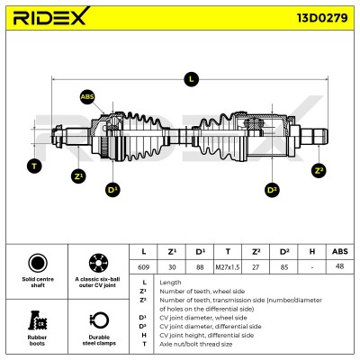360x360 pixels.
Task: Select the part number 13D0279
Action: (x=322, y=18)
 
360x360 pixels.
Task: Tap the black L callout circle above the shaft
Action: (x=191, y=79)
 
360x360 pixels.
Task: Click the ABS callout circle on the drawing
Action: (x=87, y=97)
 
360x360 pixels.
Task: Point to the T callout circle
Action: (x=34, y=166)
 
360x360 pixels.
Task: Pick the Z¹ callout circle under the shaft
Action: (x=78, y=176)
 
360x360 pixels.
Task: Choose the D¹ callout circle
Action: (x=112, y=190)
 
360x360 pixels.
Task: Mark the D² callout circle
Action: (x=272, y=190)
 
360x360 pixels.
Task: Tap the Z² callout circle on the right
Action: (x=319, y=171)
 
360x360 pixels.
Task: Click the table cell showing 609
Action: (x=143, y=266)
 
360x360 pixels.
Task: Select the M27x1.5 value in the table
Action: (x=228, y=266)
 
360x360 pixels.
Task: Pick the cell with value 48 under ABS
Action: (x=339, y=266)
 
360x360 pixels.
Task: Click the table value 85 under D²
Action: (x=284, y=266)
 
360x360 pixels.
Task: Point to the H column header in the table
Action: (x=312, y=251)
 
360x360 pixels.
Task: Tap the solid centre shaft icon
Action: (x=38, y=263)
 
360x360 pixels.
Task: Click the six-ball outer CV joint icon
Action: (x=99, y=263)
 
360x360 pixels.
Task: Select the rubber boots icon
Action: (x=37, y=320)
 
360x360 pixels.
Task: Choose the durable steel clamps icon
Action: (x=99, y=320)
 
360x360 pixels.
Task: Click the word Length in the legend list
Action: (x=170, y=283)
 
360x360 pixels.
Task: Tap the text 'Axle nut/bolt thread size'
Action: (x=195, y=344)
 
